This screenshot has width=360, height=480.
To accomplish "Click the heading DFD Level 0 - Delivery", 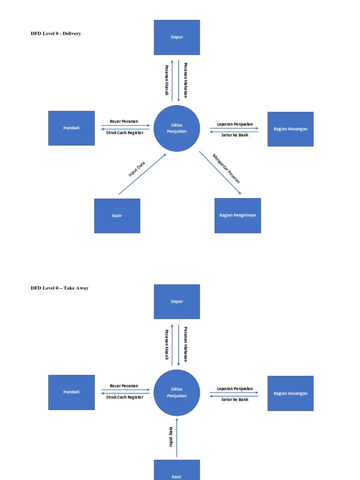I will click(56, 34).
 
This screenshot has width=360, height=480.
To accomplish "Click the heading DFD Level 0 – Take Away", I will click(60, 288).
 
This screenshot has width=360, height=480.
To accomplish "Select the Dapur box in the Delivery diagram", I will click(177, 37).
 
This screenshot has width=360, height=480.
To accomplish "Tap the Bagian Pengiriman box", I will click(238, 216).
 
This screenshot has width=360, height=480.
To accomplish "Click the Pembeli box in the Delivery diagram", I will click(71, 128).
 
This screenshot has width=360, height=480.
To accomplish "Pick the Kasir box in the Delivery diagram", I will click(117, 216).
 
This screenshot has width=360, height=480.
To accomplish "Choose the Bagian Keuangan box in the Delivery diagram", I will click(290, 129).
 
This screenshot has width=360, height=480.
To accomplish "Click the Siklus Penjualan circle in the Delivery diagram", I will click(177, 128).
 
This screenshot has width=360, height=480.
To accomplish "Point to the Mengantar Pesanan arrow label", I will click(226, 169).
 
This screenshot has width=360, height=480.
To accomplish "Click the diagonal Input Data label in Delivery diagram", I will click(137, 169).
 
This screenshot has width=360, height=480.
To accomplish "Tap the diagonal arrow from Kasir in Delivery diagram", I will click(142, 174).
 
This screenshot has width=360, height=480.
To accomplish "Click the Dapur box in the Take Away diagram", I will click(177, 301).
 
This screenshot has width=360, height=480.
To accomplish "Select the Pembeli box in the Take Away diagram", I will click(71, 392).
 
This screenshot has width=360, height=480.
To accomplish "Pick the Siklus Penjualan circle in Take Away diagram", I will click(177, 392).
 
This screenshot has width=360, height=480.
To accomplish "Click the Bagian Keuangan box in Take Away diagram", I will click(290, 393).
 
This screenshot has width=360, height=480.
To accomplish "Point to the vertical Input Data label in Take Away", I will click(171, 436).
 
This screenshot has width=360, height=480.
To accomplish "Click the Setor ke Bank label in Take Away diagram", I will click(235, 400).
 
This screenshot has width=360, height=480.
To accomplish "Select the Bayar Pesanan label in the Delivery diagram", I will click(124, 121).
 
